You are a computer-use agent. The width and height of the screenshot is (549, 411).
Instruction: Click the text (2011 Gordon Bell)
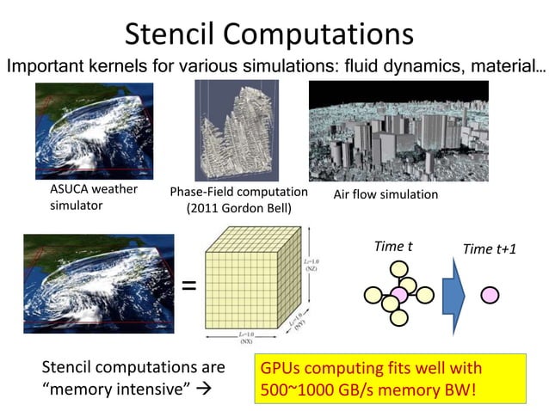tap(238, 208)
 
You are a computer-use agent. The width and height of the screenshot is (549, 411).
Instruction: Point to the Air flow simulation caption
tap(386, 194)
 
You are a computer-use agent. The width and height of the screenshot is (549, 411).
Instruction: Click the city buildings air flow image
tap(398, 132)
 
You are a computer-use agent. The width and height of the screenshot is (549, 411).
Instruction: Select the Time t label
tap(392, 246)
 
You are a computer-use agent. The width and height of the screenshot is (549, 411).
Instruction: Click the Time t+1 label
tap(490, 248)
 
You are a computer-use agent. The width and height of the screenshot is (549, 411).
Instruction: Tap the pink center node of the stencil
tap(399, 295)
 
